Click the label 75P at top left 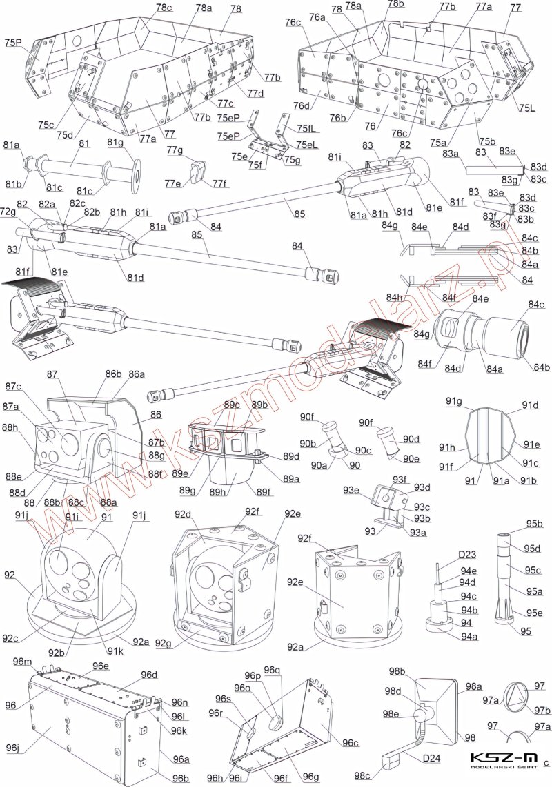point(12,42)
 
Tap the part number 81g point(115,143)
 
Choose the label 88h point(10,427)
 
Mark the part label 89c point(231,404)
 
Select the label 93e point(353,490)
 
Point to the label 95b point(533,524)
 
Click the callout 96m point(22,662)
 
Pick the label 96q point(273,671)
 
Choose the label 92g point(163,644)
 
